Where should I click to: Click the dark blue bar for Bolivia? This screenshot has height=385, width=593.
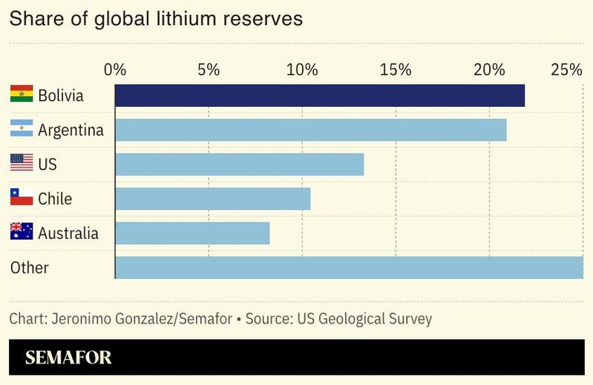click(x=320, y=96)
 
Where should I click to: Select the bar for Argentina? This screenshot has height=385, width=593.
click(x=311, y=130)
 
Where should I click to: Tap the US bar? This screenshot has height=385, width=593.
click(x=240, y=164)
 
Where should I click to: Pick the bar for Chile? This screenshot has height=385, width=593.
click(x=213, y=199)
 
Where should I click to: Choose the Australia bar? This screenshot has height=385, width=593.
click(x=192, y=233)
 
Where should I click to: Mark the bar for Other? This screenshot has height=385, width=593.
click(x=349, y=267)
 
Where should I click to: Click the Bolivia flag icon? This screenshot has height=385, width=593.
click(x=22, y=94)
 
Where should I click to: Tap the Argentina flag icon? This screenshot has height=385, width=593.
click(x=22, y=129)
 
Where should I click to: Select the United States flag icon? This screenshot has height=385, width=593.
click(x=22, y=163)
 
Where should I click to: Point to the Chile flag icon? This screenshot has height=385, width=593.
click(x=22, y=197)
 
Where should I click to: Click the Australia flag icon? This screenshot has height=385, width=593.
click(x=22, y=232)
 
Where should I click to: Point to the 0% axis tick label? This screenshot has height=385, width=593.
click(x=115, y=70)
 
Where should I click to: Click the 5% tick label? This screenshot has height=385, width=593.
click(x=209, y=70)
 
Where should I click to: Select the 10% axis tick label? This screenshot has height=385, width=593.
click(x=302, y=70)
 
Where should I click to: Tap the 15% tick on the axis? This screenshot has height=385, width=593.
click(x=396, y=70)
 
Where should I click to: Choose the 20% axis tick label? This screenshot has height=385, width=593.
click(x=489, y=70)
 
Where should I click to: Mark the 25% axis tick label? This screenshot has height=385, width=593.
click(x=566, y=70)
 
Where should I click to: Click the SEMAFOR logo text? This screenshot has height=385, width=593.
click(x=68, y=358)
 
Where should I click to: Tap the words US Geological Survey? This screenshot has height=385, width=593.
click(x=364, y=319)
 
